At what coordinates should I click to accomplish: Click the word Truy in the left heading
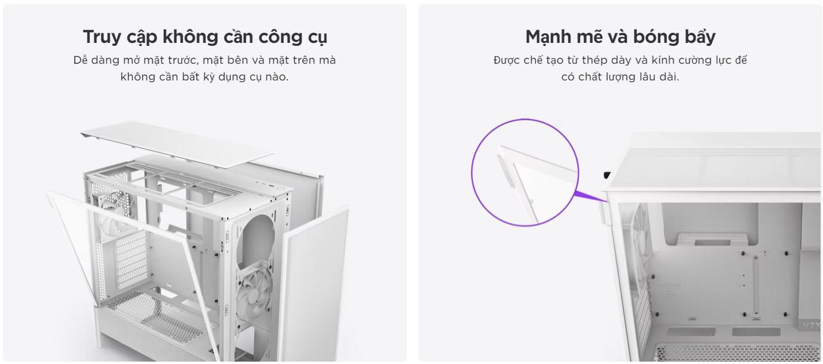pos(100,38)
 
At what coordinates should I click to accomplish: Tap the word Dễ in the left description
pos(81,61)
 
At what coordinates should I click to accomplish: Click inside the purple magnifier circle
pos(525,173)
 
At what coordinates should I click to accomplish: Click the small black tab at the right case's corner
pos(606,175)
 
